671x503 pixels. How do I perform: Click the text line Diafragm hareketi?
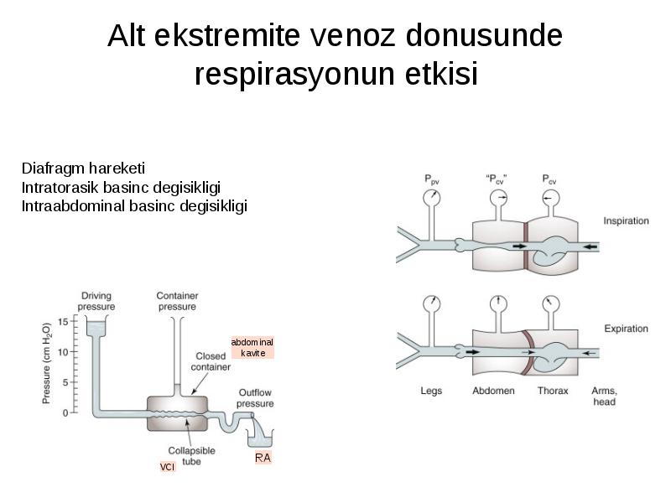tap(83, 169)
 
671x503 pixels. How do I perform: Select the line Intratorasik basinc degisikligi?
tap(121, 187)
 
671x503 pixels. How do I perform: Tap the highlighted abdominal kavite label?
tap(252, 347)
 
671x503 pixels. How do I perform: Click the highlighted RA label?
tap(263, 458)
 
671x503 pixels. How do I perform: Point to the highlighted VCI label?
tap(167, 467)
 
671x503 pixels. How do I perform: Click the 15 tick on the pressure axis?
tap(63, 322)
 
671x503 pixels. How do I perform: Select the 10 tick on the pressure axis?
tap(63, 352)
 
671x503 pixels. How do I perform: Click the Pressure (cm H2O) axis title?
tap(46, 363)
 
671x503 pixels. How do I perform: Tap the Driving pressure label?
tap(96, 301)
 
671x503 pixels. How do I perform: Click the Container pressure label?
tap(177, 301)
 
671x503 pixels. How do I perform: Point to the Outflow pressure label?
tap(255, 397)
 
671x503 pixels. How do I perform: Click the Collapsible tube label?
tap(192, 456)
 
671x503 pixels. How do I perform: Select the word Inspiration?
tap(626, 220)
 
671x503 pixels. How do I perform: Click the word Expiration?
tap(626, 329)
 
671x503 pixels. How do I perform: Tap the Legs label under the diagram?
tap(431, 391)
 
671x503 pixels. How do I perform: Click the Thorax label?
tap(553, 391)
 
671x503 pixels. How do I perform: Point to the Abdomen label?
tap(493, 391)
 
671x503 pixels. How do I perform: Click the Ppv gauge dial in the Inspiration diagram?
tap(432, 198)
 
